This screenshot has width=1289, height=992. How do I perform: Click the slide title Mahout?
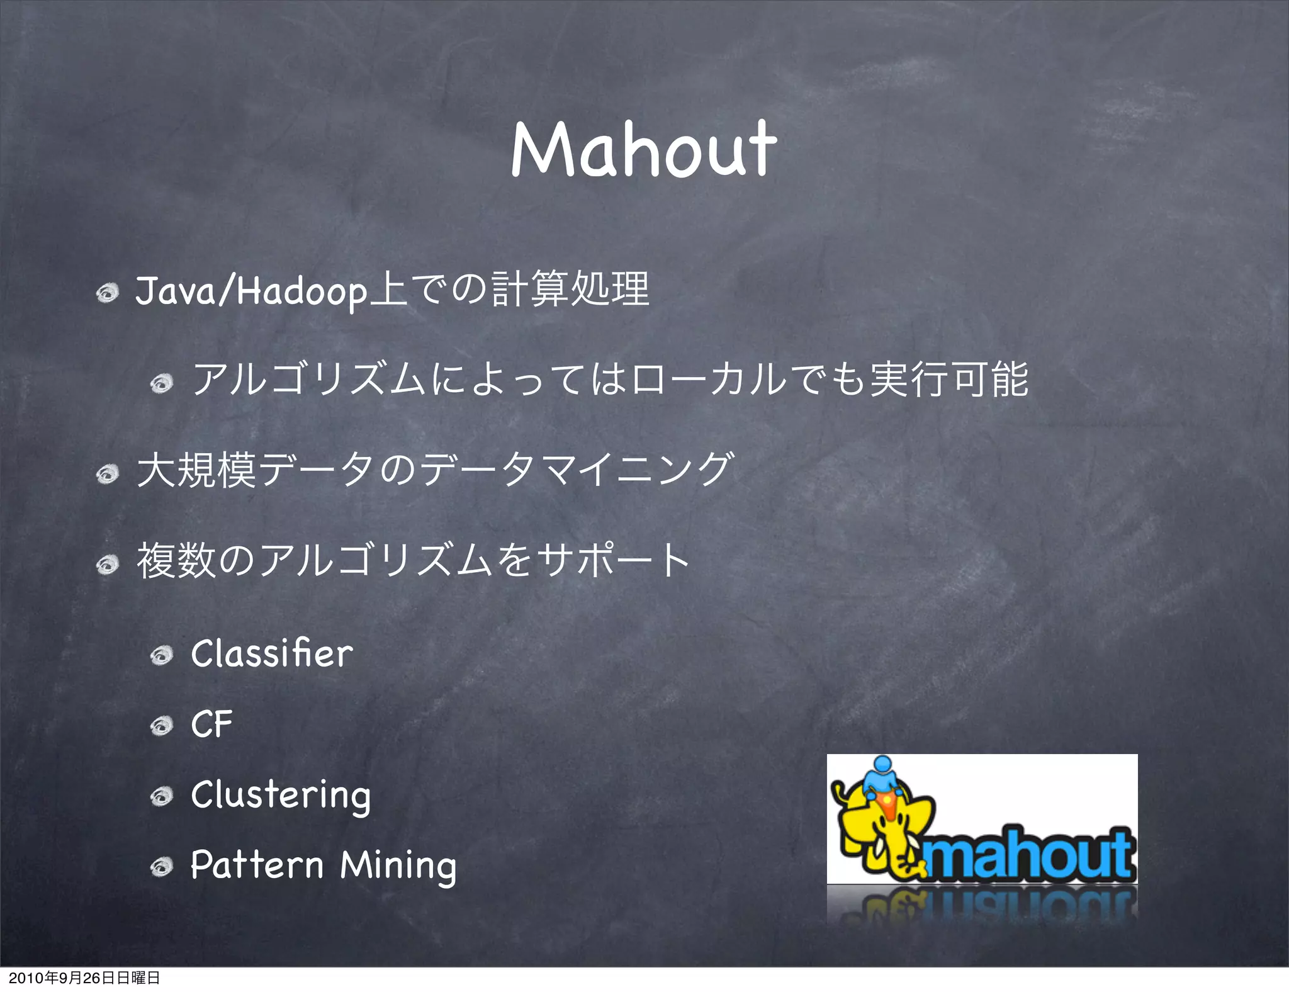point(643,150)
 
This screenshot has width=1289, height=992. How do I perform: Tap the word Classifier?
point(272,654)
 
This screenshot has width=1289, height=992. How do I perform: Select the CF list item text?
point(211,724)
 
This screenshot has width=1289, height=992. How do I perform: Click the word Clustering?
point(281,796)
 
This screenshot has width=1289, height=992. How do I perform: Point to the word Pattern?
point(257,865)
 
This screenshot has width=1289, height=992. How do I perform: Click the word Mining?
point(398,866)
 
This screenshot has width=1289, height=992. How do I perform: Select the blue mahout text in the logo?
point(1029,855)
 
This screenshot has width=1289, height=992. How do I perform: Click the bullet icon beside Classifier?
point(162,656)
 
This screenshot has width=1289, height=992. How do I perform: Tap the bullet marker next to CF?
point(162,726)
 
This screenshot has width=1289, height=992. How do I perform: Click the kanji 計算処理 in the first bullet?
point(570,290)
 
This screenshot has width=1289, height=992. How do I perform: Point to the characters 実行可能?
point(948,380)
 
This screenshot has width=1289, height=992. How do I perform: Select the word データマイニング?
point(576,470)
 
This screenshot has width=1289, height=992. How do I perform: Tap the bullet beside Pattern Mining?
point(162,867)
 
